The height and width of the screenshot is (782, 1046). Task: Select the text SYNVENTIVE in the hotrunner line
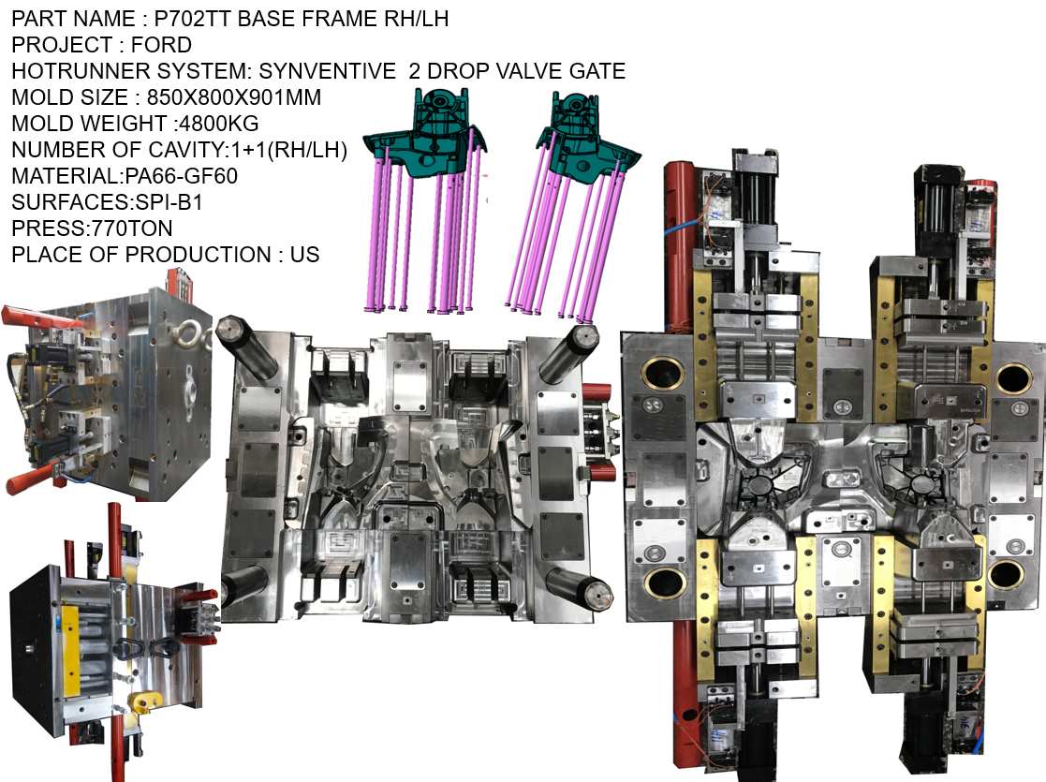pos(319,71)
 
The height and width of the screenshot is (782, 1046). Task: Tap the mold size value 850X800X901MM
pos(234,97)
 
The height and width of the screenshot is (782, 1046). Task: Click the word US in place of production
pos(305,255)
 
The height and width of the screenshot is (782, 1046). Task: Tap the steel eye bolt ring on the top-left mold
pos(195,334)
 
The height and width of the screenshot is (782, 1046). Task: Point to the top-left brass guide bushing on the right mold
pos(663,374)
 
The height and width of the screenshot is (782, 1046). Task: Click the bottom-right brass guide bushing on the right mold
pos(1006,572)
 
